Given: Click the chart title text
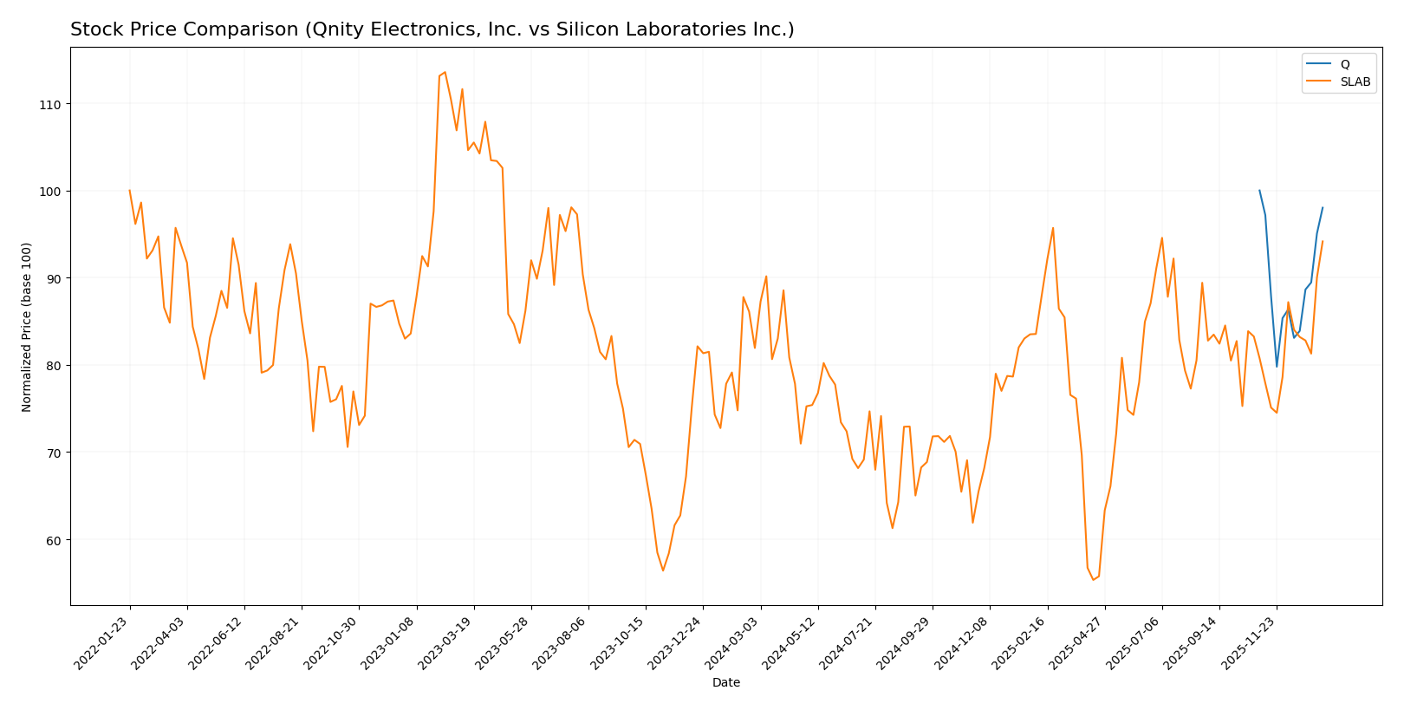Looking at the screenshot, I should tap(432, 30).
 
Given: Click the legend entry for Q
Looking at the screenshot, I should tap(1344, 64).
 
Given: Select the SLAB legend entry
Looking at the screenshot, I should tap(1355, 82).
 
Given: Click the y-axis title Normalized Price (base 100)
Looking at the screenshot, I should tap(27, 327).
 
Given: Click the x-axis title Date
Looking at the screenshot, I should tap(726, 683).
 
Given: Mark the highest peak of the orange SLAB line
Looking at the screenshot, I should tap(445, 73).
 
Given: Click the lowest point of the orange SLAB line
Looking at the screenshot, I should tap(1093, 579).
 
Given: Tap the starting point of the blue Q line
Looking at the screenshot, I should tap(1259, 191).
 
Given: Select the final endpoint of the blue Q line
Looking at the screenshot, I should tap(1323, 208).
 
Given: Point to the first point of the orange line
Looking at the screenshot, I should tap(130, 191).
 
